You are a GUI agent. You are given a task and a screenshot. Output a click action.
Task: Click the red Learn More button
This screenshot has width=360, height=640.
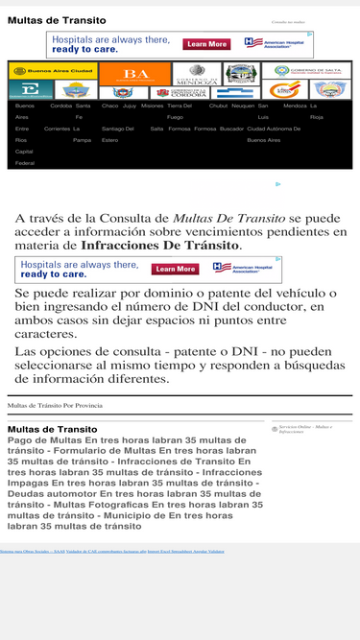(x=206, y=44)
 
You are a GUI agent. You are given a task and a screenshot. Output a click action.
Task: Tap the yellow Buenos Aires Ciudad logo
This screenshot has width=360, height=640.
(x=53, y=71)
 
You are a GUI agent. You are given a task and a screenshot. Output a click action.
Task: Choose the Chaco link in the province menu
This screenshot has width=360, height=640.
(x=109, y=106)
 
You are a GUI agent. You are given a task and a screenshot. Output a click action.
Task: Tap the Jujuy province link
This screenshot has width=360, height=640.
(x=130, y=106)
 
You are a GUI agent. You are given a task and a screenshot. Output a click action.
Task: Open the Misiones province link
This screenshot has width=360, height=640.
(x=152, y=106)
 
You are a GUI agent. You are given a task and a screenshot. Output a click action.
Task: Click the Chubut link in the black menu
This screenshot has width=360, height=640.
(x=218, y=106)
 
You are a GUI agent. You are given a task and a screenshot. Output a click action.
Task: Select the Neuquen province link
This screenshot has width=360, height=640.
(x=242, y=106)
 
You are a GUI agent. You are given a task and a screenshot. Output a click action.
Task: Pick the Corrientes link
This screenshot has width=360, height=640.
(x=57, y=128)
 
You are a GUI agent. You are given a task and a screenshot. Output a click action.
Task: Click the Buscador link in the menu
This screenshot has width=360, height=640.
(x=231, y=128)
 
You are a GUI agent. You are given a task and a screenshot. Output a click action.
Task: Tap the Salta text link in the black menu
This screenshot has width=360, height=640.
(x=156, y=128)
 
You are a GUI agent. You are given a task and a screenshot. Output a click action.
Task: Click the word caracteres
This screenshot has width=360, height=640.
(x=46, y=334)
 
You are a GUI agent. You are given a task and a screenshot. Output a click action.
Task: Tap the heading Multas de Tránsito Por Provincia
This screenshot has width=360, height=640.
(x=55, y=406)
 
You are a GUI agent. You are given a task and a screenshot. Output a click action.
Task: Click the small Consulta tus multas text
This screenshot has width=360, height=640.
(x=288, y=20)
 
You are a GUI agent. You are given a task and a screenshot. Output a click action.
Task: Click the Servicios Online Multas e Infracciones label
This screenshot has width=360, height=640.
(x=303, y=429)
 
